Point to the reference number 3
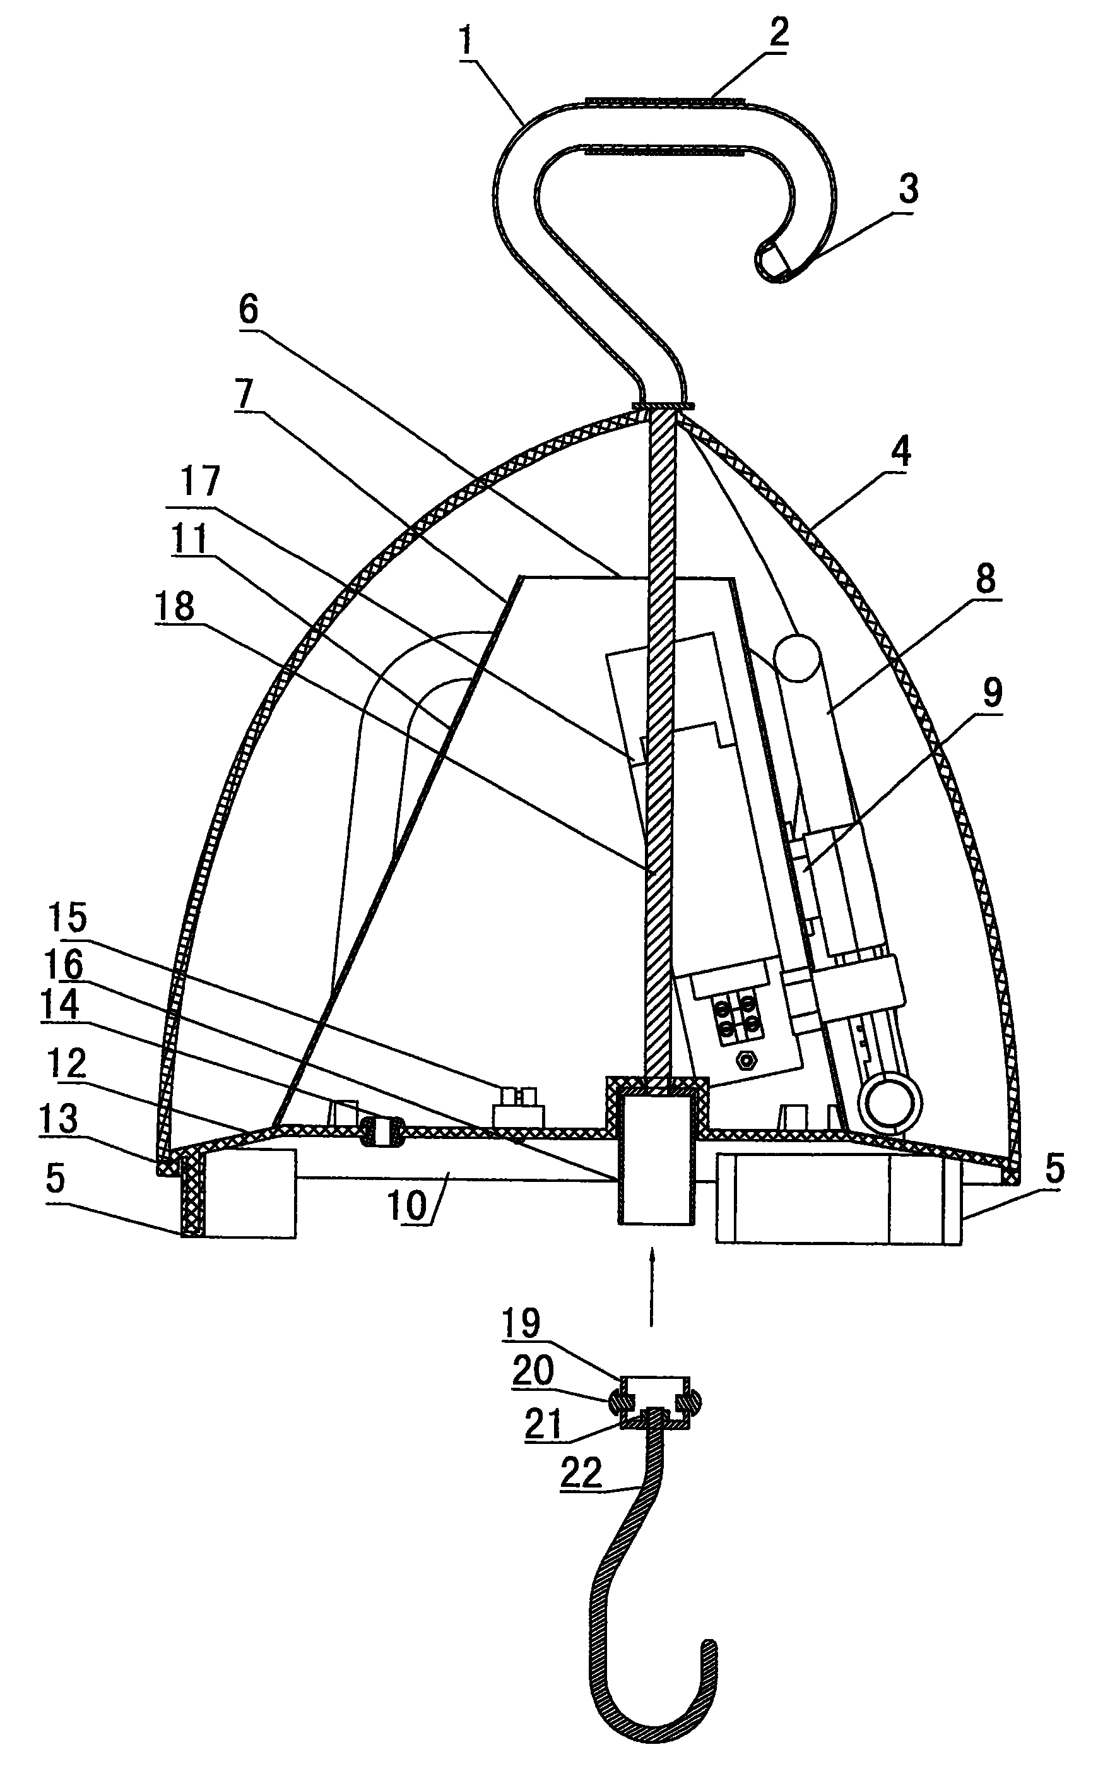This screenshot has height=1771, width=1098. [x=907, y=188]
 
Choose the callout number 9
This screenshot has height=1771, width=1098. [x=992, y=692]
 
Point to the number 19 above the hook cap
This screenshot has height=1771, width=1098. [x=522, y=1323]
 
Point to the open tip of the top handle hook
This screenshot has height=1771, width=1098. [x=771, y=262]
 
